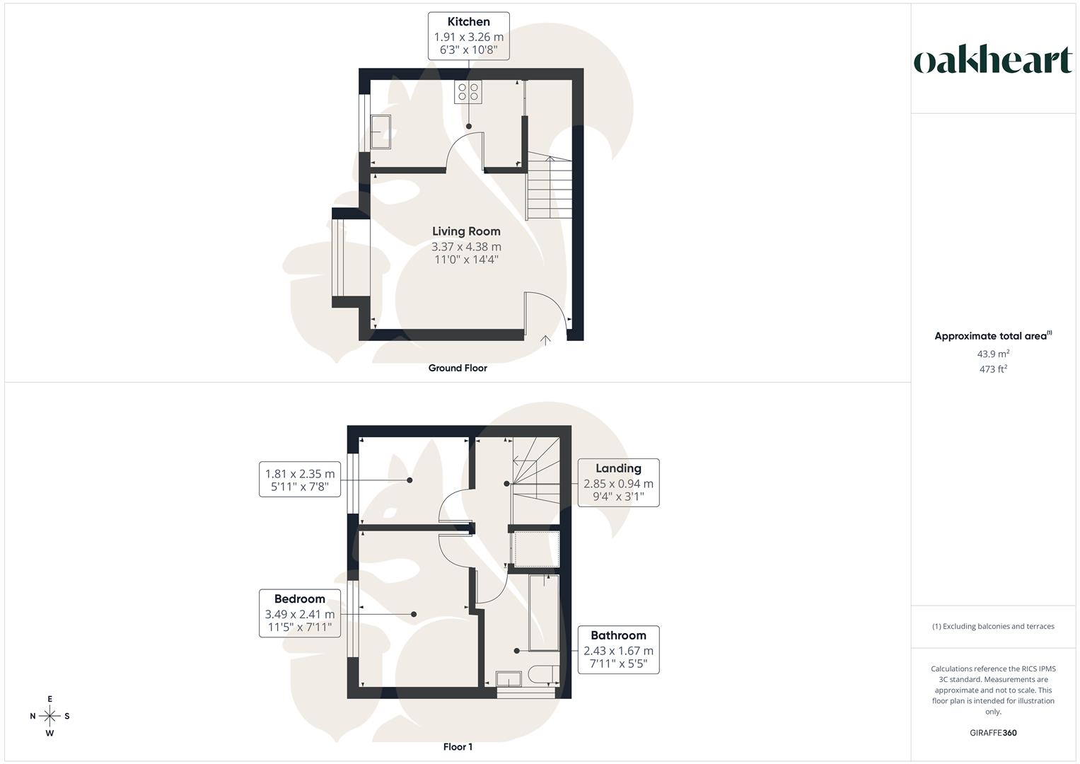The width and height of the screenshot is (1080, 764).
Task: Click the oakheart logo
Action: click(993, 60)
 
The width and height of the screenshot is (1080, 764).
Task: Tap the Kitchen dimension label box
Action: click(468, 35)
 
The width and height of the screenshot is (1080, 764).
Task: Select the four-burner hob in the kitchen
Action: click(468, 92)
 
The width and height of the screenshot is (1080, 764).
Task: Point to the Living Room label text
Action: click(466, 231)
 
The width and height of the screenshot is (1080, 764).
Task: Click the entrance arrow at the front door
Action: click(545, 340)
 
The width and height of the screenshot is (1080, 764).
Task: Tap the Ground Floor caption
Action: click(458, 368)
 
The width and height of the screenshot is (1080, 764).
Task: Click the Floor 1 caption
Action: click(458, 747)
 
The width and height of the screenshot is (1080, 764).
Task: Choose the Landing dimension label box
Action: click(618, 482)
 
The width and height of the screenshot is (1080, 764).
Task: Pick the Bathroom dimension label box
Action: click(618, 649)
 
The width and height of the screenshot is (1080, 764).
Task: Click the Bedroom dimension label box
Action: click(300, 613)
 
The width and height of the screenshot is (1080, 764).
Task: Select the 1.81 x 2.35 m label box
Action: click(300, 480)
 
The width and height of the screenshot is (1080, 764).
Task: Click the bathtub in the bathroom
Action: click(543, 613)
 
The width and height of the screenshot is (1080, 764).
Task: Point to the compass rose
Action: click(50, 716)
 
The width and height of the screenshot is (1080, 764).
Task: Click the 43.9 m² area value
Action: click(993, 354)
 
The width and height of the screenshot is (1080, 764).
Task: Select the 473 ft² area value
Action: click(993, 369)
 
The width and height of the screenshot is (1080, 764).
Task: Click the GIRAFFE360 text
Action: click(993, 733)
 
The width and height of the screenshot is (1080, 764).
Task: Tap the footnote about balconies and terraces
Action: click(993, 626)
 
